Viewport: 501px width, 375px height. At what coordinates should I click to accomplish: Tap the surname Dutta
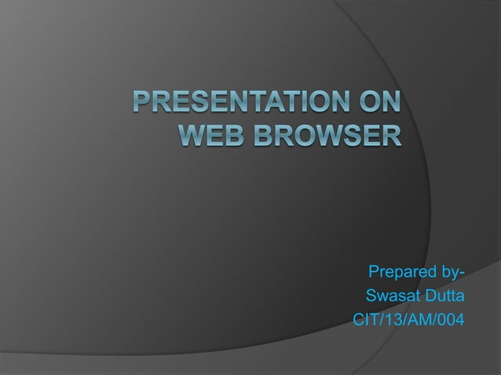[444, 297]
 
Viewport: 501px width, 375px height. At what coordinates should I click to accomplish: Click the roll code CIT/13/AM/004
[408, 320]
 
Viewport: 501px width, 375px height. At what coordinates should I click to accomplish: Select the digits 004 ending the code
[450, 320]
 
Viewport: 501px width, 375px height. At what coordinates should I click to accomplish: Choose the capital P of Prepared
[374, 273]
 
